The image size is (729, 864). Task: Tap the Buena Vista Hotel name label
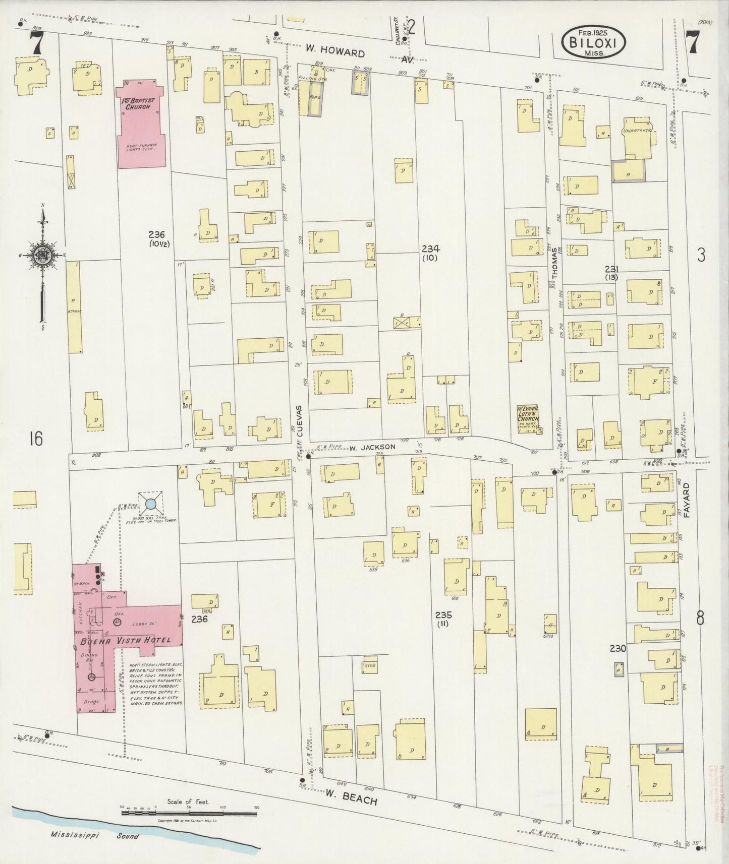pyautogui.click(x=124, y=641)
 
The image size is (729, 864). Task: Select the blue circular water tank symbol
pyautogui.click(x=150, y=503)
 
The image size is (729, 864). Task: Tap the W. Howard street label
pyautogui.click(x=335, y=52)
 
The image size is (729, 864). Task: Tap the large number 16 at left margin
pyautogui.click(x=36, y=439)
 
